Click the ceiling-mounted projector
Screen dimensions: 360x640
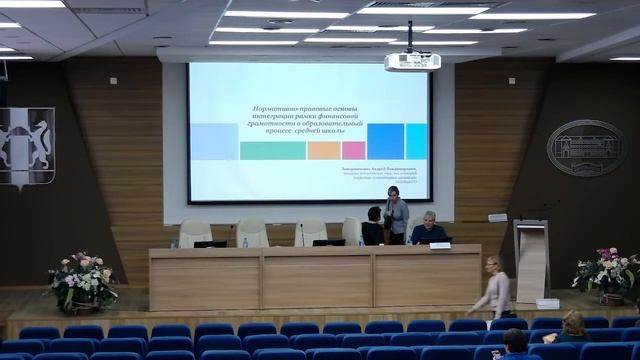[412, 61]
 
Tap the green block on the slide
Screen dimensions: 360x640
[273, 150]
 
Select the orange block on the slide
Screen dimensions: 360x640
[324, 150]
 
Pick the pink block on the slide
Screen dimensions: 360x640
[354, 150]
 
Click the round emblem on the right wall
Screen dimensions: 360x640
[585, 147]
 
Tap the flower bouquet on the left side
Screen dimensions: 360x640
[83, 281]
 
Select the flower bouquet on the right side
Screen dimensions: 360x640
[607, 270]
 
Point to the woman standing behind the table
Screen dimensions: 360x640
[396, 215]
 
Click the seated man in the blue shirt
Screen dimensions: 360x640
[429, 230]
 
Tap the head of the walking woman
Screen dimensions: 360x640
[492, 263]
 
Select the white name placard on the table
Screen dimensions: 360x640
[440, 244]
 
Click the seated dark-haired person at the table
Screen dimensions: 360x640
[373, 227]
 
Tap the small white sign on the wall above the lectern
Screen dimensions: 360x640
[497, 217]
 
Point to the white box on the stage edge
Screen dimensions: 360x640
[547, 303]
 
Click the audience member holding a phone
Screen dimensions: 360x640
[572, 328]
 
